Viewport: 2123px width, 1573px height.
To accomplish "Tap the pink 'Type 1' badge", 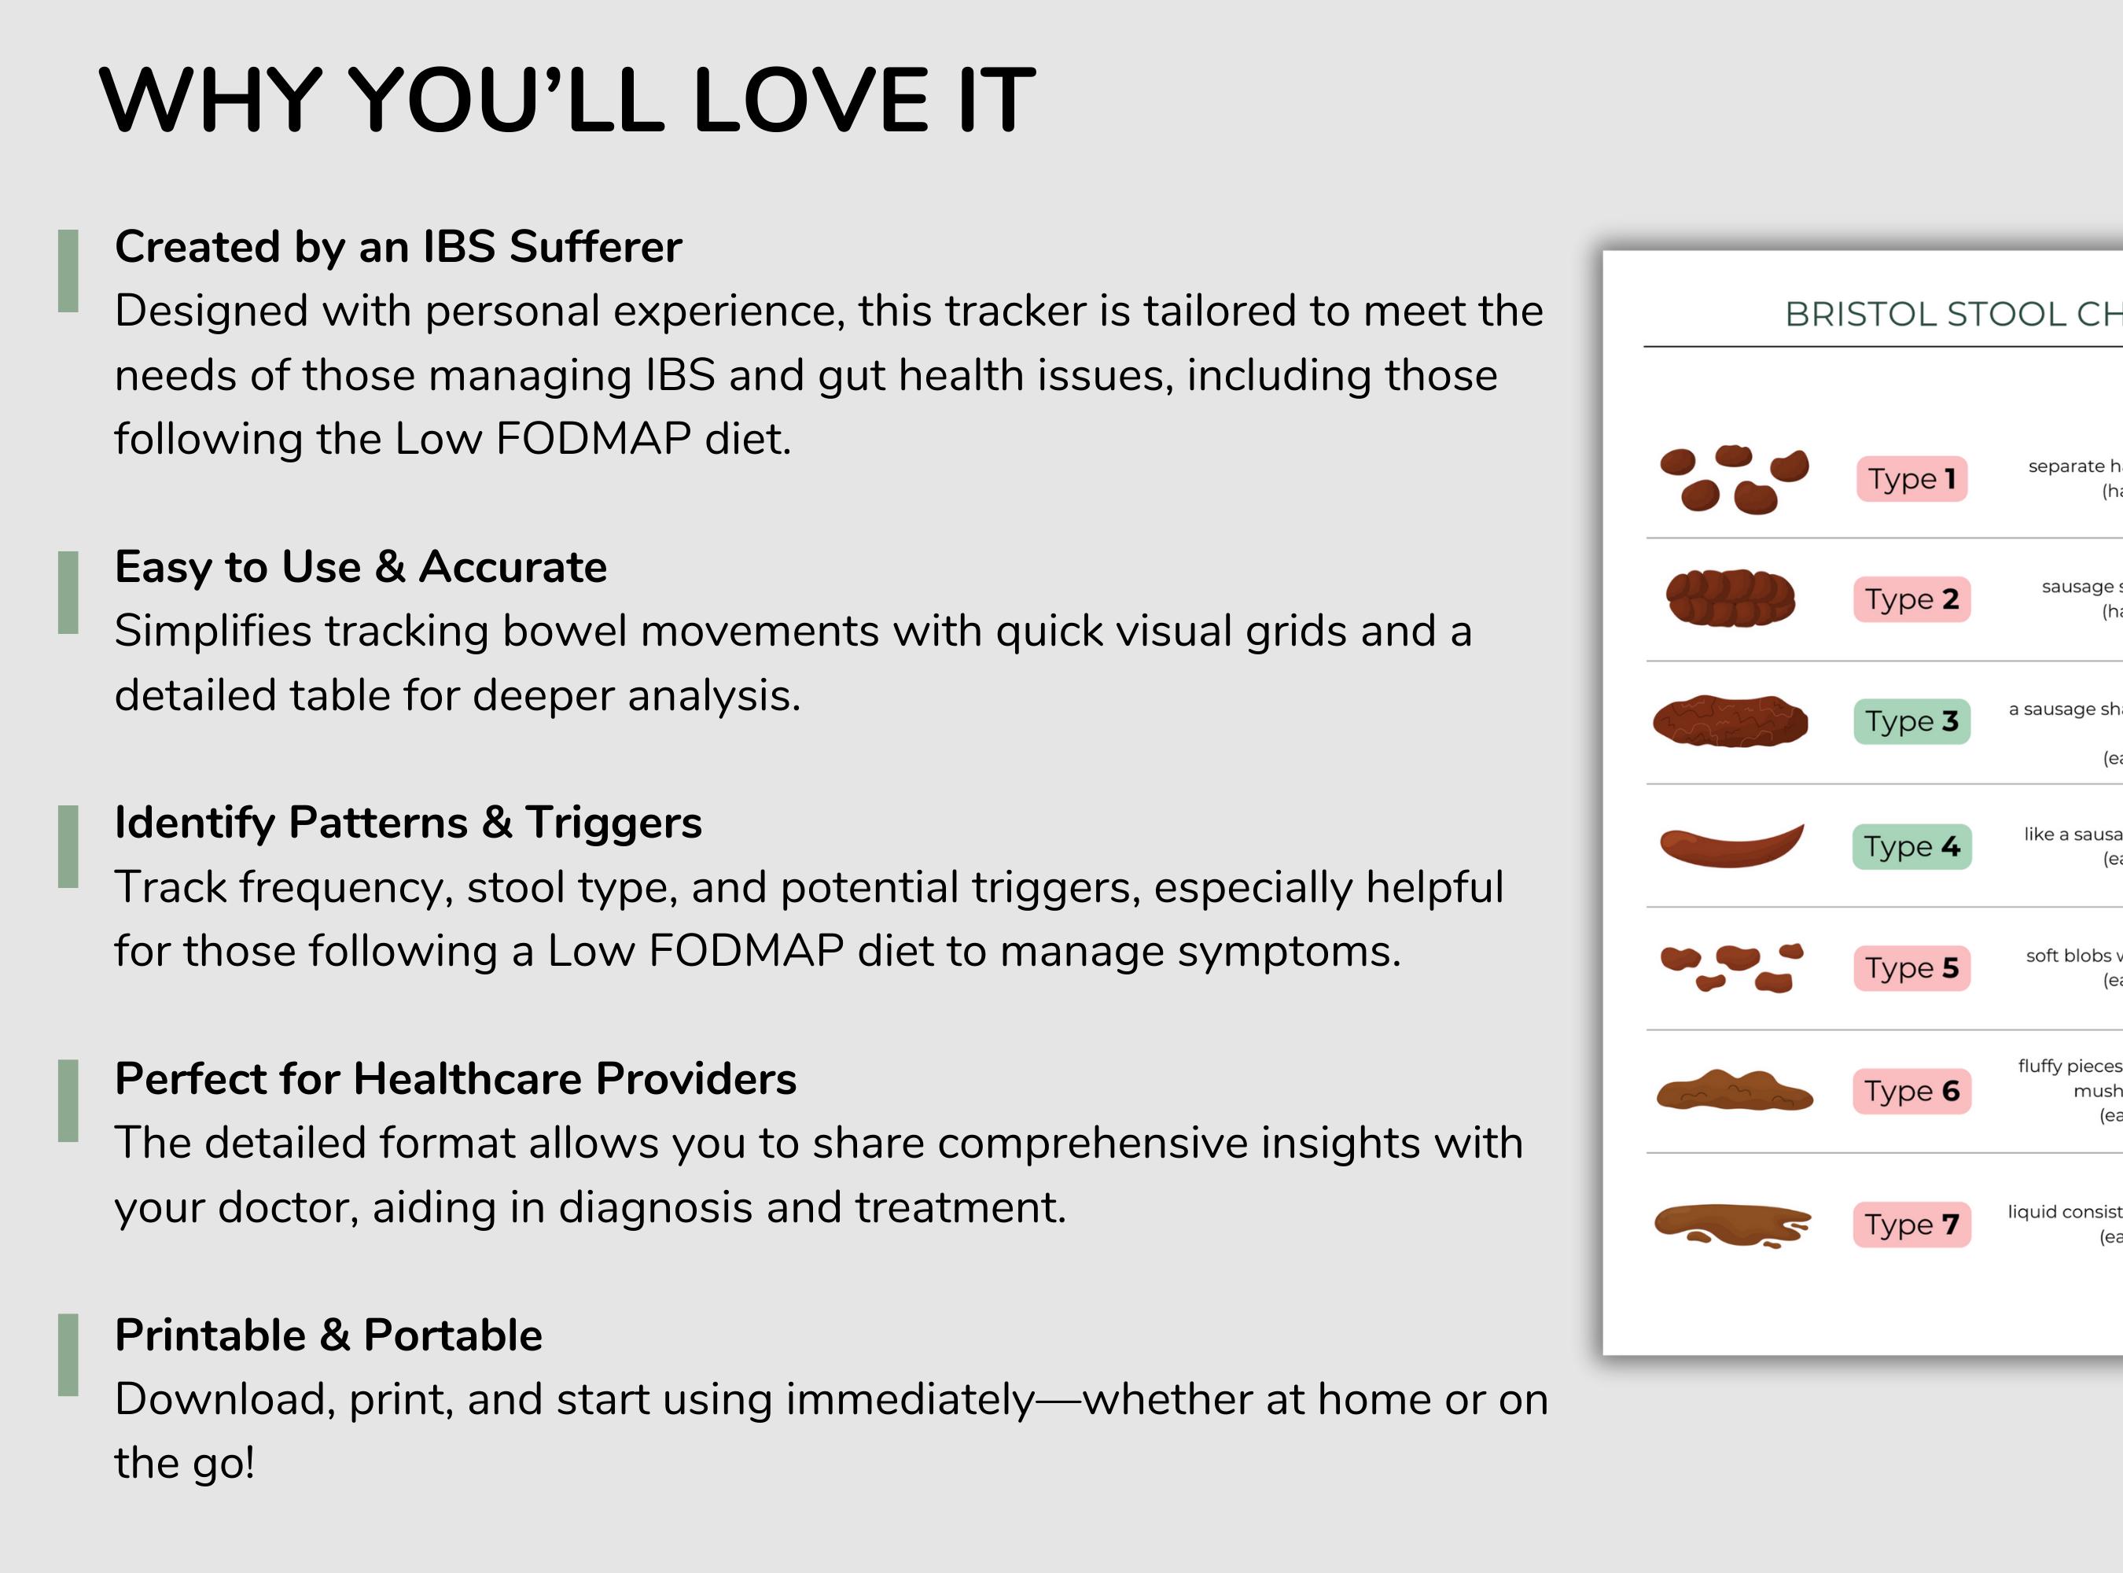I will (1911, 479).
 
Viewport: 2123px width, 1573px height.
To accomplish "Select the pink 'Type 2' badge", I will (1911, 600).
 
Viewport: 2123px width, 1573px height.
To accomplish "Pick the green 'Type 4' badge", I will (1911, 846).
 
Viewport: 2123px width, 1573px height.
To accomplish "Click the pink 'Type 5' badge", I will (1911, 968).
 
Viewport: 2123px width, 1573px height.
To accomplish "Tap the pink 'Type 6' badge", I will (1911, 1091).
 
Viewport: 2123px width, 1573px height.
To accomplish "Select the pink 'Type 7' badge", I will (1911, 1225).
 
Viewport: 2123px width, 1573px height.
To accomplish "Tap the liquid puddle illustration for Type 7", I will (1731, 1225).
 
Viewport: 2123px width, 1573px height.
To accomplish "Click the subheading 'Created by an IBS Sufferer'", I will (398, 247).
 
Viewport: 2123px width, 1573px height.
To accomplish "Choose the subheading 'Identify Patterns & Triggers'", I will (407, 823).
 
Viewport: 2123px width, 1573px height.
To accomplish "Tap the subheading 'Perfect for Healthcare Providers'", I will (455, 1079).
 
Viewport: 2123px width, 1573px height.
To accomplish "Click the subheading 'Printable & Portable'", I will (329, 1335).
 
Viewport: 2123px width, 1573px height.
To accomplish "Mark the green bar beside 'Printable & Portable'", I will (68, 1355).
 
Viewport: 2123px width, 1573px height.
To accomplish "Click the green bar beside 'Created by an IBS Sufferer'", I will (68, 271).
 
